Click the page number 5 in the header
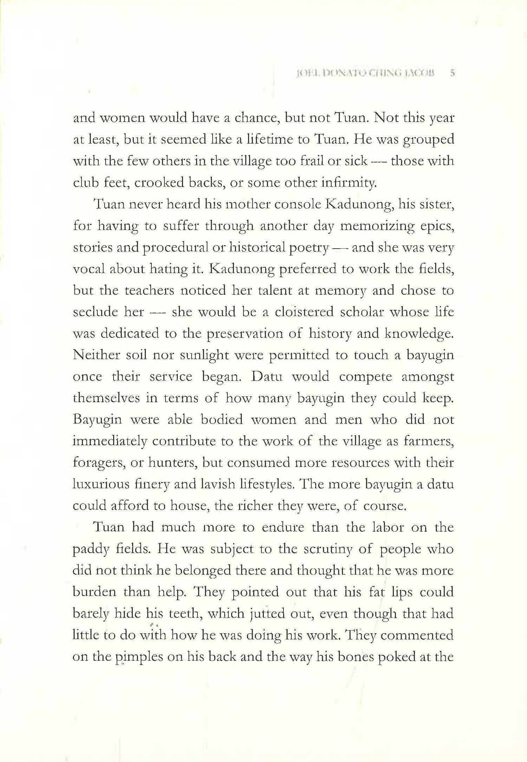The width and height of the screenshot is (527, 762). [x=453, y=73]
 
